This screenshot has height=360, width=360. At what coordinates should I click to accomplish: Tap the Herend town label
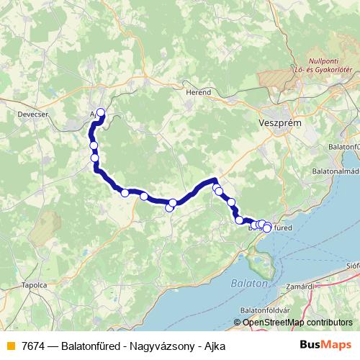[199, 93]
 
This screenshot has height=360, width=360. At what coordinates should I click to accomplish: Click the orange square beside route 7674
[10, 346]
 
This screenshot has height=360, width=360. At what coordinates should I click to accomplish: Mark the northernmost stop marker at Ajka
[101, 112]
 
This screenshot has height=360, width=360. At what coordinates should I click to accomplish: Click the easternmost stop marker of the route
[267, 228]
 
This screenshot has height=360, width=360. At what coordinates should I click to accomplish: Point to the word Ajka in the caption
[214, 346]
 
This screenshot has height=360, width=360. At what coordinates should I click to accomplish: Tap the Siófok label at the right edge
[353, 265]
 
